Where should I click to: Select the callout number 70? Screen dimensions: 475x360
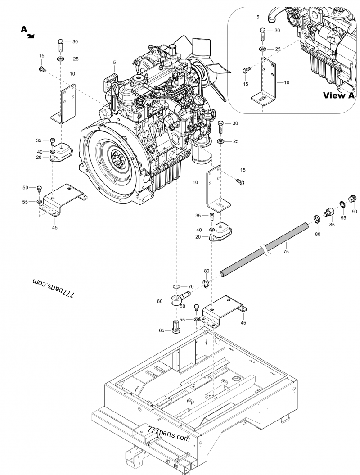191,286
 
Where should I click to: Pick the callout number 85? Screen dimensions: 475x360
332,224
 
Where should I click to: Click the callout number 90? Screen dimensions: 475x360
354,212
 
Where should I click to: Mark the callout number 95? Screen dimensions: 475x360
343,218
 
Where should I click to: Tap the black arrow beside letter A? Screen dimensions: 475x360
31,36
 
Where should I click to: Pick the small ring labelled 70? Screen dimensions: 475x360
176,287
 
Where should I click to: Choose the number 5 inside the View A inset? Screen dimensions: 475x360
258,17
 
